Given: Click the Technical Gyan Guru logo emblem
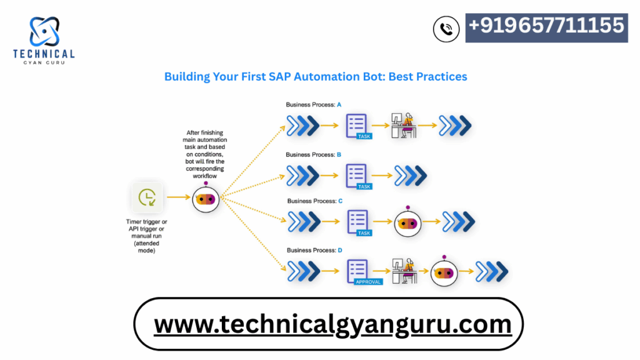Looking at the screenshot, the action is (44, 31).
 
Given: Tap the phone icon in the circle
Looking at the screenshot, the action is (446, 29).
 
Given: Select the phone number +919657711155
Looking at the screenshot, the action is (546, 25).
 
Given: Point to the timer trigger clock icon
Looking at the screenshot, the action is (147, 197).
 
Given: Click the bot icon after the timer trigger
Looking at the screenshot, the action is (206, 198).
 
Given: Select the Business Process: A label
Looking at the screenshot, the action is (314, 105).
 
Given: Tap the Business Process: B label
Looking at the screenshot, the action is (314, 155).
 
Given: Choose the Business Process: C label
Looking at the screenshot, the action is (315, 201).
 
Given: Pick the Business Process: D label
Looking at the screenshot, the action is (314, 250).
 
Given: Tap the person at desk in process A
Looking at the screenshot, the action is (404, 125).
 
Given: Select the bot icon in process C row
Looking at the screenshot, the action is (407, 222).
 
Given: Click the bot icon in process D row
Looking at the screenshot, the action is (444, 272).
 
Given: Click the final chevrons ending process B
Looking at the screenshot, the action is (411, 176).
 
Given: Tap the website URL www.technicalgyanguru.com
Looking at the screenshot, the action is (332, 324).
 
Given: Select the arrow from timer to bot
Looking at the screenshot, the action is (179, 197).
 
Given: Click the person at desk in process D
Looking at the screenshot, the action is (404, 271).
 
